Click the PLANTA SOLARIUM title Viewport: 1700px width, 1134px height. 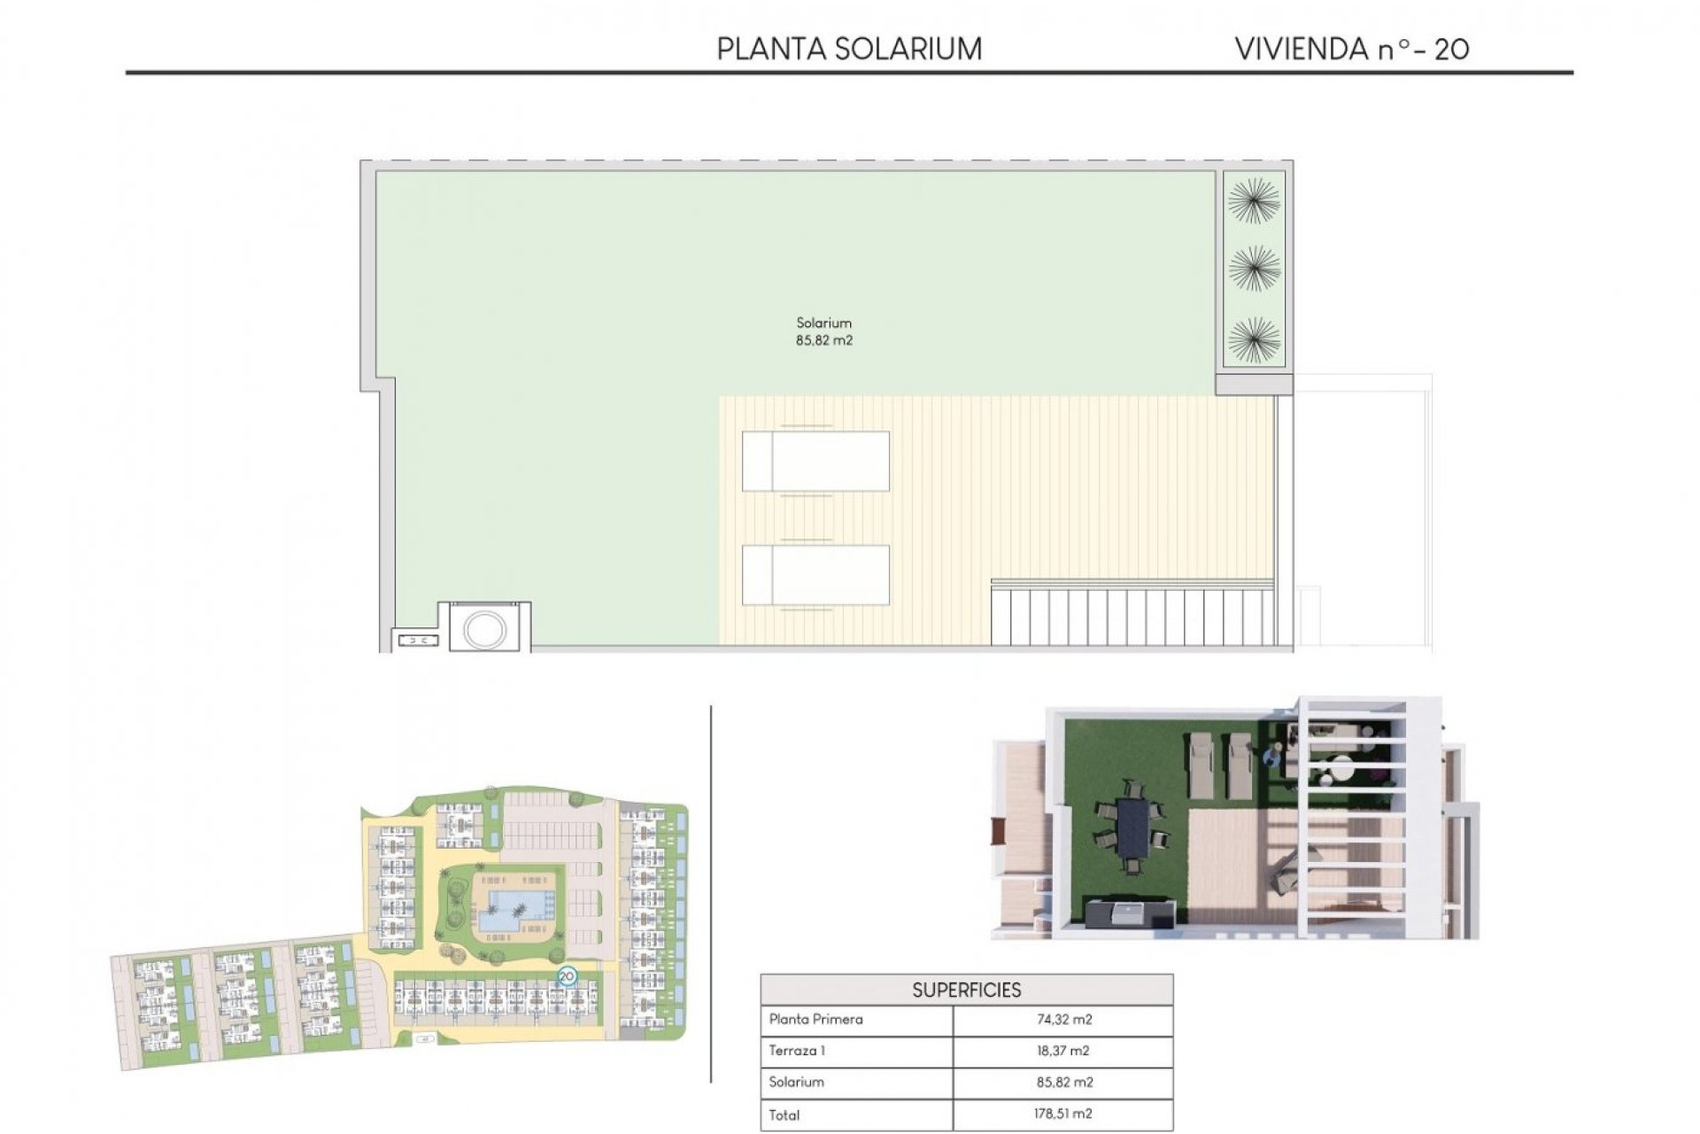(849, 49)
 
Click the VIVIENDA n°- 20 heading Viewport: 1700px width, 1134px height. (1352, 49)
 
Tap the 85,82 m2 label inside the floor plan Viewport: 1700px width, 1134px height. (823, 340)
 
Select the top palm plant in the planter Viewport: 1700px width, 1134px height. (1254, 200)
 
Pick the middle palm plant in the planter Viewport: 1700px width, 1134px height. (1254, 268)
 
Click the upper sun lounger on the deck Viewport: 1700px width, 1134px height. (815, 461)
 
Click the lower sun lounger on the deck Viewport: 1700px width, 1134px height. (815, 575)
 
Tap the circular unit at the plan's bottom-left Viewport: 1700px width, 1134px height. (484, 629)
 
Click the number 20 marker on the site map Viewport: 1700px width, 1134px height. (567, 976)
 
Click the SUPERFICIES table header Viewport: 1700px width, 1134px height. (966, 990)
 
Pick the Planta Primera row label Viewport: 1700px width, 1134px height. (815, 1019)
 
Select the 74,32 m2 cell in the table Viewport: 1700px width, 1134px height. (1063, 1019)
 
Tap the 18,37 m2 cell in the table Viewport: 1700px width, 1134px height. (1063, 1051)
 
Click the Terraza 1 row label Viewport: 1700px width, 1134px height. (797, 1051)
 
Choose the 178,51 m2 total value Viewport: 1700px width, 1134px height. (1063, 1114)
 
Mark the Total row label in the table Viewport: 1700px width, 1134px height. (784, 1115)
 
